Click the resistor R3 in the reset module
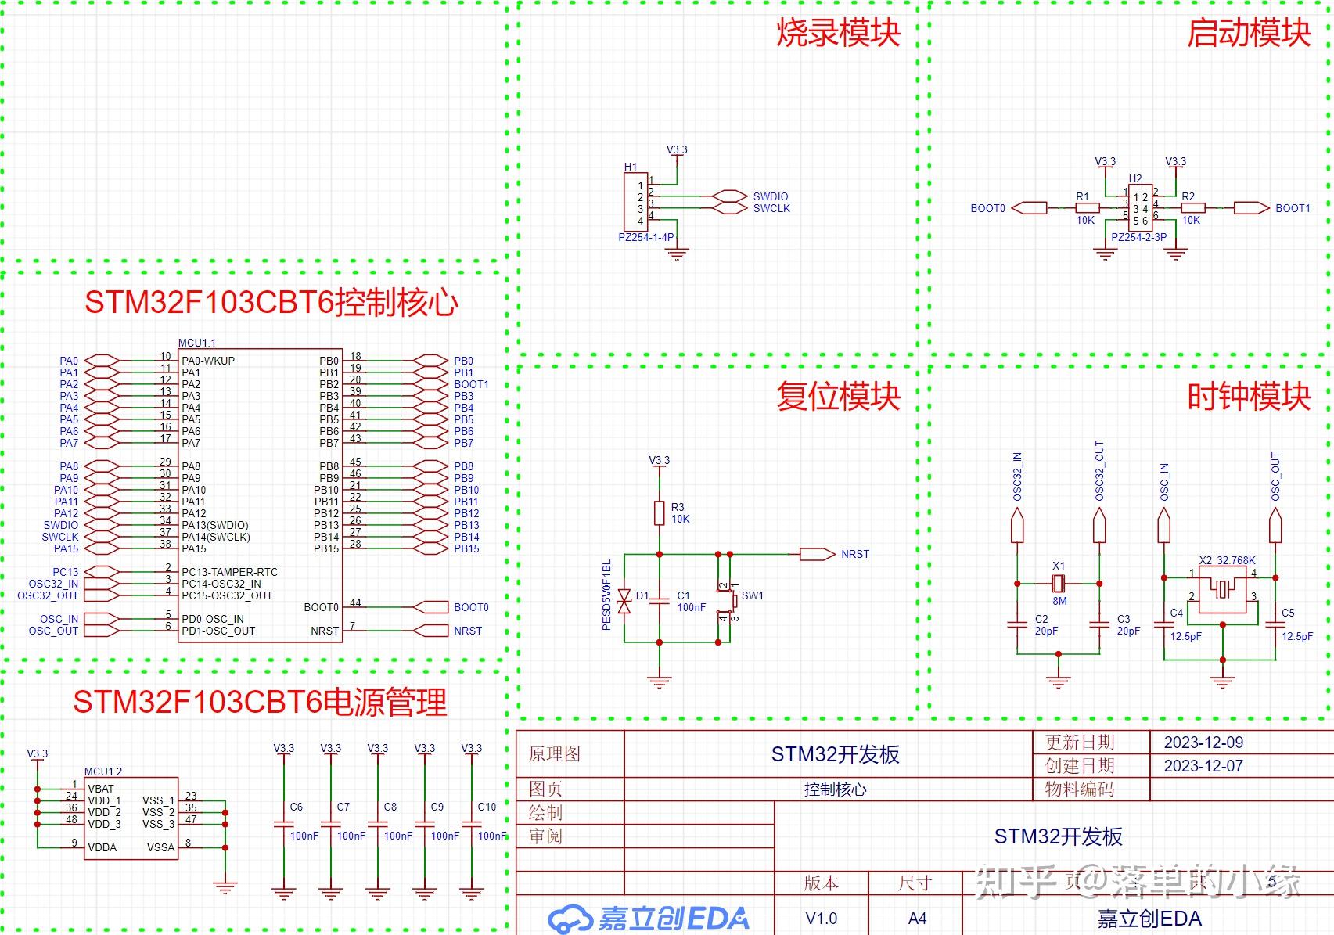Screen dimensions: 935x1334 [660, 513]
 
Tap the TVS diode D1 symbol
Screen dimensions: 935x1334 [624, 601]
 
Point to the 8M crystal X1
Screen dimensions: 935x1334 [1059, 583]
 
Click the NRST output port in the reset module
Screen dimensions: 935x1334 [818, 554]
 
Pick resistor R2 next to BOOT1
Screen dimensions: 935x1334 [1192, 208]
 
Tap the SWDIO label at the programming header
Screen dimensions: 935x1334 [771, 196]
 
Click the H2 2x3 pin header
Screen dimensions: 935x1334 [1140, 208]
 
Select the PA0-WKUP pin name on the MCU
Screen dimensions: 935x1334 [208, 361]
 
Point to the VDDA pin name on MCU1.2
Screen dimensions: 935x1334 [102, 847]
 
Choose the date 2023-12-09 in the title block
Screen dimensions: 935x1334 [1203, 743]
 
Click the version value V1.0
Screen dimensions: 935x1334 [821, 919]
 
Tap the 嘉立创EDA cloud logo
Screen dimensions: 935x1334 [570, 919]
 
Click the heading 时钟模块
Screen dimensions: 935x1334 [1249, 397]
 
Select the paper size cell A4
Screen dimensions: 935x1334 [917, 919]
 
